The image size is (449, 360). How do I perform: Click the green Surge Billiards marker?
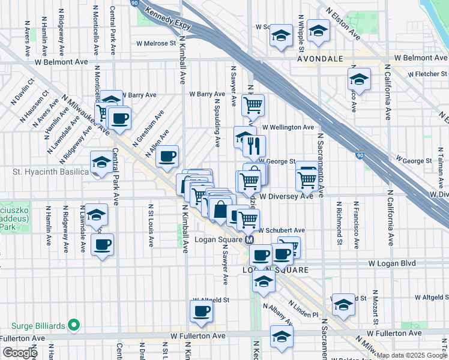(74, 325)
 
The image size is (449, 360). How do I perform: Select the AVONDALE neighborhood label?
(320, 59)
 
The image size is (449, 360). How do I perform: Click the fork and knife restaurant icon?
(255, 146)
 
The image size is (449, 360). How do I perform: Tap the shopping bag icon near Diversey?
(220, 211)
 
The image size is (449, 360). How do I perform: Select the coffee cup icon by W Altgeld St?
(202, 311)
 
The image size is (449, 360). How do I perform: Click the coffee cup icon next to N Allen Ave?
(167, 156)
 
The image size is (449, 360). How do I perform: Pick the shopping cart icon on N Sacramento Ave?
(307, 178)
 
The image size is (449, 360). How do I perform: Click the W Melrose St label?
(155, 43)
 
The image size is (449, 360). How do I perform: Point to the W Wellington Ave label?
(292, 127)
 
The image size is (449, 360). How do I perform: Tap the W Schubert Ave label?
(282, 230)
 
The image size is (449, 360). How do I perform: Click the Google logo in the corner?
(19, 352)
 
